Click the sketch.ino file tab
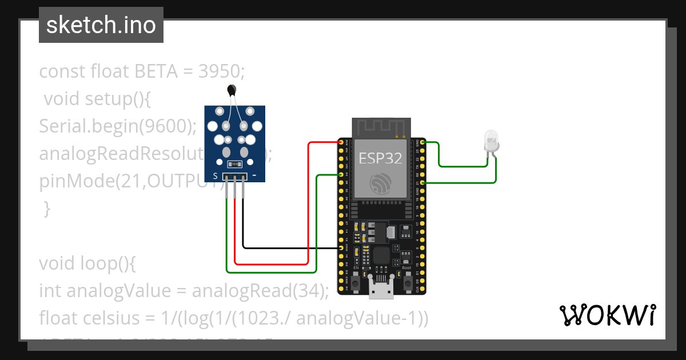(x=101, y=25)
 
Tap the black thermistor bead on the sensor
(x=232, y=89)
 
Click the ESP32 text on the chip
(x=380, y=158)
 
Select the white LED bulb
(x=490, y=139)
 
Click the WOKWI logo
(x=607, y=315)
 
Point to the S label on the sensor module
(x=215, y=176)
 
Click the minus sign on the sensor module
(x=254, y=175)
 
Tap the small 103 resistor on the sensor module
(x=234, y=164)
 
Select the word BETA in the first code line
(x=155, y=72)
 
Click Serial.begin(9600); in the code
(x=117, y=126)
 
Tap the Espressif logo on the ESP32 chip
(x=380, y=183)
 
